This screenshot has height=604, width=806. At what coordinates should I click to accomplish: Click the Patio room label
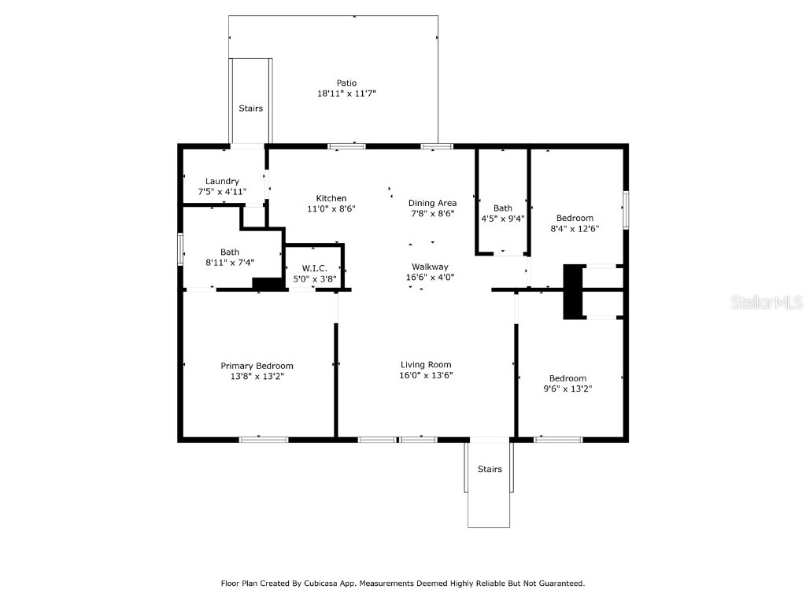(346, 83)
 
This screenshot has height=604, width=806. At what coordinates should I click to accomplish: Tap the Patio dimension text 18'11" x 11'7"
(346, 93)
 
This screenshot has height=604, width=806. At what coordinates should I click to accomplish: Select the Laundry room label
(222, 181)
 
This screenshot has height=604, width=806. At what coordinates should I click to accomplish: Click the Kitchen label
(331, 198)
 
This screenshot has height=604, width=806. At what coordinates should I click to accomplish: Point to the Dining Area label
(432, 203)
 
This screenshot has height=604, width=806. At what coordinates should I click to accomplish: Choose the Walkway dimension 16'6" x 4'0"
(430, 277)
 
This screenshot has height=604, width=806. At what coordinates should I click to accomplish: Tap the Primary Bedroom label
(257, 366)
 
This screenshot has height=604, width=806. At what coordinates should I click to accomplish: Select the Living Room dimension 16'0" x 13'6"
(426, 375)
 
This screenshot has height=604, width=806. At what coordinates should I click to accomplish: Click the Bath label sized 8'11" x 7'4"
(230, 252)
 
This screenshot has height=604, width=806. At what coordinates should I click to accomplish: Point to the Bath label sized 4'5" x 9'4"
(503, 208)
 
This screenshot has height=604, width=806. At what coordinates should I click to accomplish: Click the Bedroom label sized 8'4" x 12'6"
(575, 218)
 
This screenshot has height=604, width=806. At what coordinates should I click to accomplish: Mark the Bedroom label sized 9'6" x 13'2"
(568, 377)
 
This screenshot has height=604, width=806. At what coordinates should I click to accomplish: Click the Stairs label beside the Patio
(251, 109)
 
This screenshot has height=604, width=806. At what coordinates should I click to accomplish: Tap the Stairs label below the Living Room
(490, 470)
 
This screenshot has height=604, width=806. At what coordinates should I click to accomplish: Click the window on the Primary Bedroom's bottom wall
(264, 439)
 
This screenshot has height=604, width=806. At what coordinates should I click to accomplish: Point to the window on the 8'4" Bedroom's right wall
(626, 210)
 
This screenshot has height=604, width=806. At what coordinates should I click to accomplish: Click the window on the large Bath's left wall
(180, 249)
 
